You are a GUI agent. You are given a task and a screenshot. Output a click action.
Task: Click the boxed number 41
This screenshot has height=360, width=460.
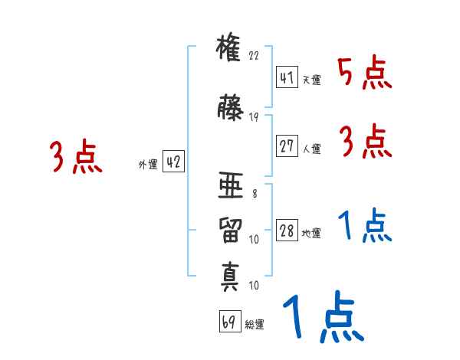click(287, 78)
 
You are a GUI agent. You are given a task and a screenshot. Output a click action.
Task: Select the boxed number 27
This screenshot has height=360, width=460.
click(287, 145)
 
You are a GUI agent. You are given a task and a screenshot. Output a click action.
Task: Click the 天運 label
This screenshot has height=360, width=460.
click(311, 80)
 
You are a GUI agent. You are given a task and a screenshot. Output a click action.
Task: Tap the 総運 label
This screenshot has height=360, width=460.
click(255, 325)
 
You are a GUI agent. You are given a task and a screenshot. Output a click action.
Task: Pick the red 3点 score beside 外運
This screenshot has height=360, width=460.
click(76, 156)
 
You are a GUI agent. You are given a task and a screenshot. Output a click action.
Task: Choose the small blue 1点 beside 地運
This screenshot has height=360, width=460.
click(364, 226)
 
